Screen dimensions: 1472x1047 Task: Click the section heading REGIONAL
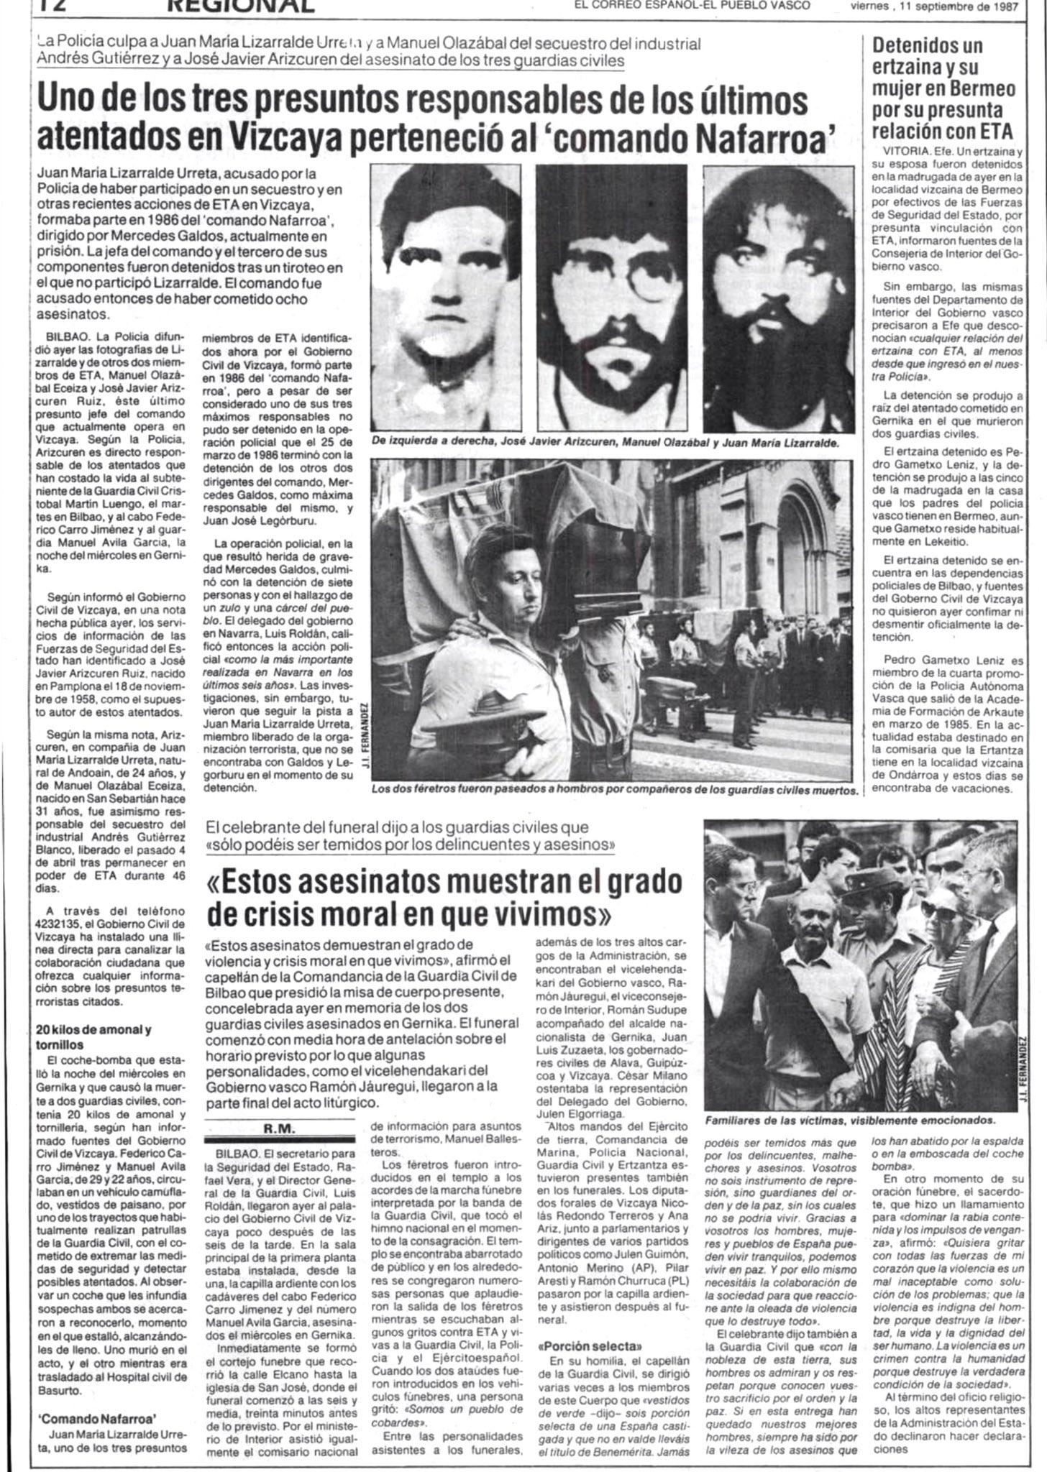[x=242, y=6]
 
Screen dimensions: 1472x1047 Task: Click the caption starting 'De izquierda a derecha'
[x=605, y=443]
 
